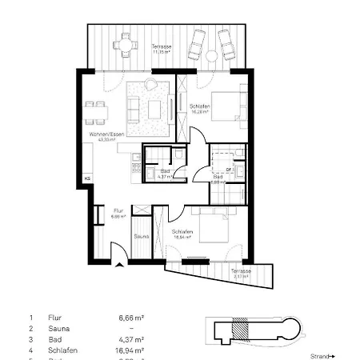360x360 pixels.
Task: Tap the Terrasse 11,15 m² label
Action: click(x=162, y=50)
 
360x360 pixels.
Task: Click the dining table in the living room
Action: click(x=94, y=104)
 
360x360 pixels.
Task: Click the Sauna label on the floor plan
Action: click(x=141, y=236)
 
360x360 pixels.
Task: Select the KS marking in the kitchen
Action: click(x=88, y=178)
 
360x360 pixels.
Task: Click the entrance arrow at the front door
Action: click(x=118, y=268)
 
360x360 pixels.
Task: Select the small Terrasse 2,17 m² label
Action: click(x=241, y=274)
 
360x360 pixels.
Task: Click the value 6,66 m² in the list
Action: click(x=130, y=318)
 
